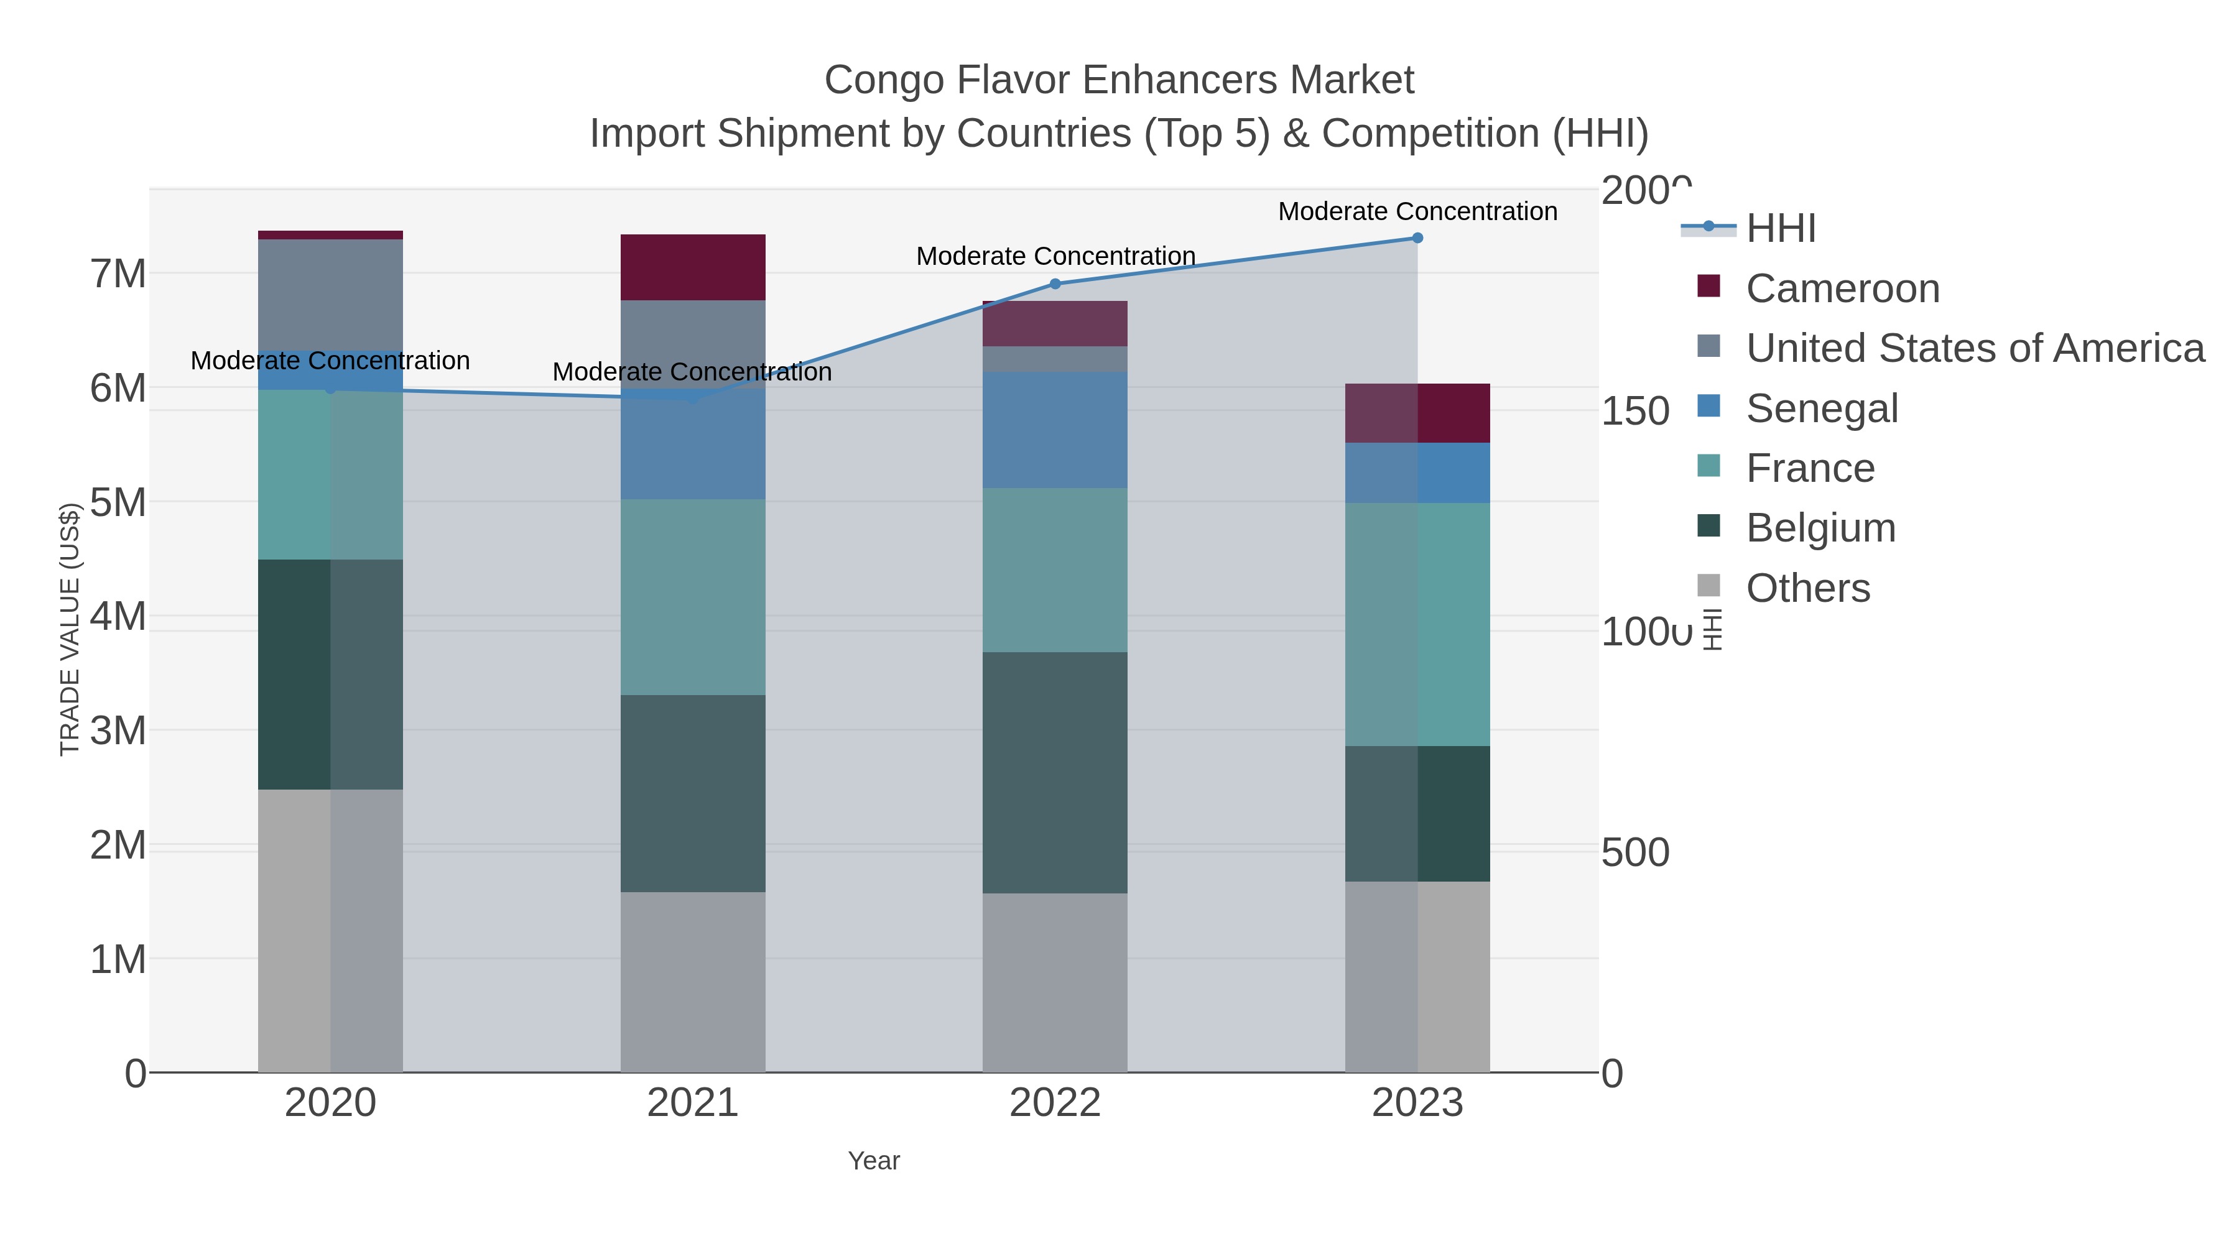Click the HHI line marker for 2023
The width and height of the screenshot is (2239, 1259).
[x=1417, y=238]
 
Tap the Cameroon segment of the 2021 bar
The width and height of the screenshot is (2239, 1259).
[x=693, y=267]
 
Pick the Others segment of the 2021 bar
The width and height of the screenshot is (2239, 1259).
[x=693, y=982]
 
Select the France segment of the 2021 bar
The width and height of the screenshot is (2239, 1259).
[x=693, y=597]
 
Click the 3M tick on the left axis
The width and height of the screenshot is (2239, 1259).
[x=118, y=731]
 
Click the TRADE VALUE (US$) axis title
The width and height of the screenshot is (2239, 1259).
[x=70, y=629]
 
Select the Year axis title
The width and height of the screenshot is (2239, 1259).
[x=874, y=1161]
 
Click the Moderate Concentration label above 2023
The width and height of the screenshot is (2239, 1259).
[x=1417, y=211]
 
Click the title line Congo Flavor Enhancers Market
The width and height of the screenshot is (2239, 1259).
[x=1119, y=80]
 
